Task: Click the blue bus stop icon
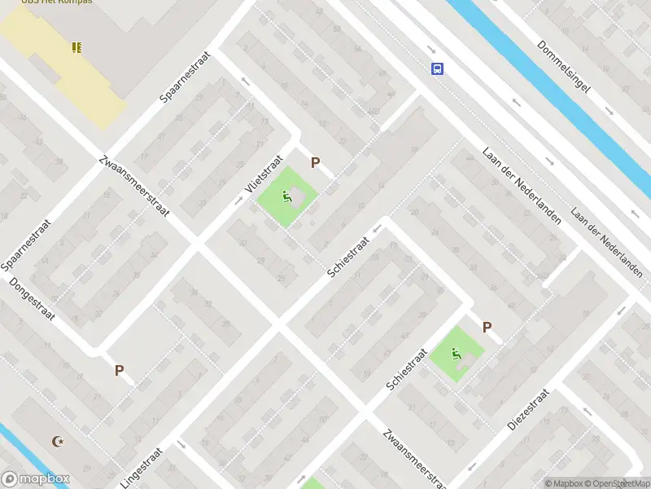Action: tap(438, 68)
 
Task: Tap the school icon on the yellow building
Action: tap(77, 47)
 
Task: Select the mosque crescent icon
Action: tap(57, 442)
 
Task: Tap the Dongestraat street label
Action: tap(31, 298)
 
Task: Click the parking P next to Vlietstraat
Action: tap(315, 163)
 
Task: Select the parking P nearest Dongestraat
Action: tap(119, 370)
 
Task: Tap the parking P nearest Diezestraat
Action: tap(487, 328)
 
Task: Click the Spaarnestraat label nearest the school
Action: tap(186, 77)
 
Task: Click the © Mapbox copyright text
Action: tap(563, 483)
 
